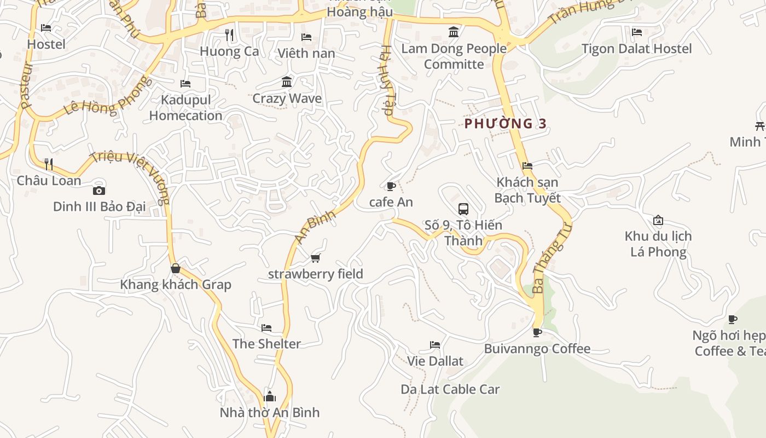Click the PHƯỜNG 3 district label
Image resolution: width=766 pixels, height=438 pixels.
click(505, 124)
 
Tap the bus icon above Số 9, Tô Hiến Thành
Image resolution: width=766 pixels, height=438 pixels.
click(463, 209)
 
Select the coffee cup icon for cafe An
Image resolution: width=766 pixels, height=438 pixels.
click(391, 186)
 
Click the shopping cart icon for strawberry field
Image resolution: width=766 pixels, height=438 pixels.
click(315, 258)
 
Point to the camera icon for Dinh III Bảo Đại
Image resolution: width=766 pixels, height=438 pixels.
click(99, 191)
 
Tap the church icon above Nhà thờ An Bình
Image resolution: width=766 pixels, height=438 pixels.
click(269, 396)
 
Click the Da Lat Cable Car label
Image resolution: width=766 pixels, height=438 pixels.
click(450, 389)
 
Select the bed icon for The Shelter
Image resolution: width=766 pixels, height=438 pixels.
click(266, 328)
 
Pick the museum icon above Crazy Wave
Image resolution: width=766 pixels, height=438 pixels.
click(287, 82)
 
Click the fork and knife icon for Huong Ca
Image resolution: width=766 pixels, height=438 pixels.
click(229, 35)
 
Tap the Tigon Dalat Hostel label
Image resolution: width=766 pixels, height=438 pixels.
click(636, 49)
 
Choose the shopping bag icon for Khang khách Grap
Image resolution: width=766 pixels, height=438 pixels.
click(176, 268)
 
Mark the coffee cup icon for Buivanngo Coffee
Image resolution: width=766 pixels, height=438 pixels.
click(537, 332)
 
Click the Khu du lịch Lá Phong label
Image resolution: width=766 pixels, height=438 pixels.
click(658, 244)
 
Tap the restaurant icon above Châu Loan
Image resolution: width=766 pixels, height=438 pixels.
click(49, 164)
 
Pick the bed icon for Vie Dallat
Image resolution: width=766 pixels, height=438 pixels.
click(435, 345)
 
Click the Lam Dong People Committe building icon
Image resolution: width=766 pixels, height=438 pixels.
click(454, 32)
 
